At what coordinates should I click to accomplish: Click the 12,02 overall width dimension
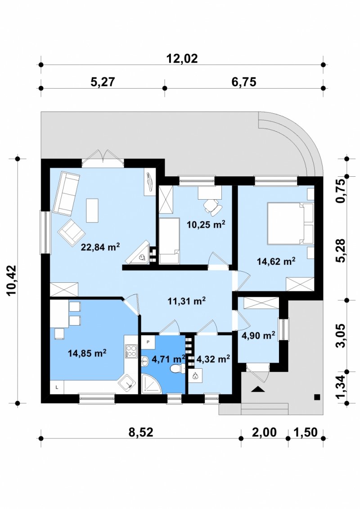[x=182, y=58]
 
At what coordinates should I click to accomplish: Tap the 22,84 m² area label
[x=100, y=247]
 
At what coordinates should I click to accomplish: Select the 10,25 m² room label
[x=206, y=224]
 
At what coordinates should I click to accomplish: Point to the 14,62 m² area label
[x=276, y=261]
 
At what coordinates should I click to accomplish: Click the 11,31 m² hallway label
[x=186, y=301]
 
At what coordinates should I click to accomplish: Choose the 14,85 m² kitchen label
[x=87, y=353]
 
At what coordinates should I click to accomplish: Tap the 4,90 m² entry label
[x=259, y=335]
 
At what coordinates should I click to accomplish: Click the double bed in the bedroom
[x=290, y=223]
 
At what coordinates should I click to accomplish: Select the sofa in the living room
[x=66, y=194]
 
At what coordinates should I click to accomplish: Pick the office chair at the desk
[x=213, y=206]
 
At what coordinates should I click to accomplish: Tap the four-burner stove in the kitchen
[x=131, y=351]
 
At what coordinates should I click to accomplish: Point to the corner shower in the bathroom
[x=151, y=384]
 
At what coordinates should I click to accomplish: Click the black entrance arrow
[x=257, y=389]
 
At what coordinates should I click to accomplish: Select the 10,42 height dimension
[x=11, y=280]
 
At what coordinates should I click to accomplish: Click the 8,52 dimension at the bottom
[x=141, y=432]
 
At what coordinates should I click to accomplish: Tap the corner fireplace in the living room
[x=139, y=253]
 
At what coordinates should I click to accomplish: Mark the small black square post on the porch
[x=317, y=397]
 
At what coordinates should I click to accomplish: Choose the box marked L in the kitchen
[x=57, y=387]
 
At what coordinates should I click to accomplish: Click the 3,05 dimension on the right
[x=341, y=335]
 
